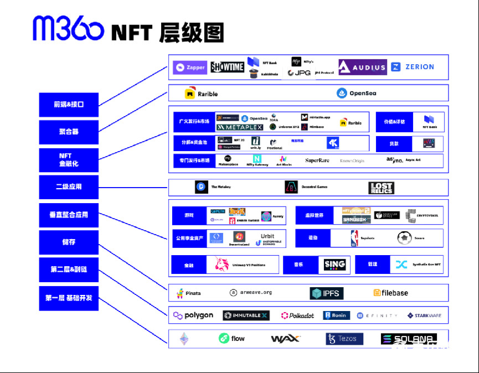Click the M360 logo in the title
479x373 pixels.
(68, 28)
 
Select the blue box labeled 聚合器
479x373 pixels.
(69, 132)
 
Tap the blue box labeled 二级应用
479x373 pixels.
(69, 187)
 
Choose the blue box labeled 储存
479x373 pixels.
(69, 242)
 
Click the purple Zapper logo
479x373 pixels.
(190, 68)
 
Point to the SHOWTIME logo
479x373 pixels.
(227, 68)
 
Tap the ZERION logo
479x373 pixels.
(413, 67)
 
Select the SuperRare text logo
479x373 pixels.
(317, 160)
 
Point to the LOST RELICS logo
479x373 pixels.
(381, 188)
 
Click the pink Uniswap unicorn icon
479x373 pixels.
(222, 265)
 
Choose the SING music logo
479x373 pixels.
(334, 265)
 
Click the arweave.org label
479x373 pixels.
(251, 292)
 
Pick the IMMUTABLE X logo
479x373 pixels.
(245, 315)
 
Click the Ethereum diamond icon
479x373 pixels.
(183, 338)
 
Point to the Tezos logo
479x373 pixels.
(344, 339)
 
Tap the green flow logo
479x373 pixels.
(231, 338)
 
